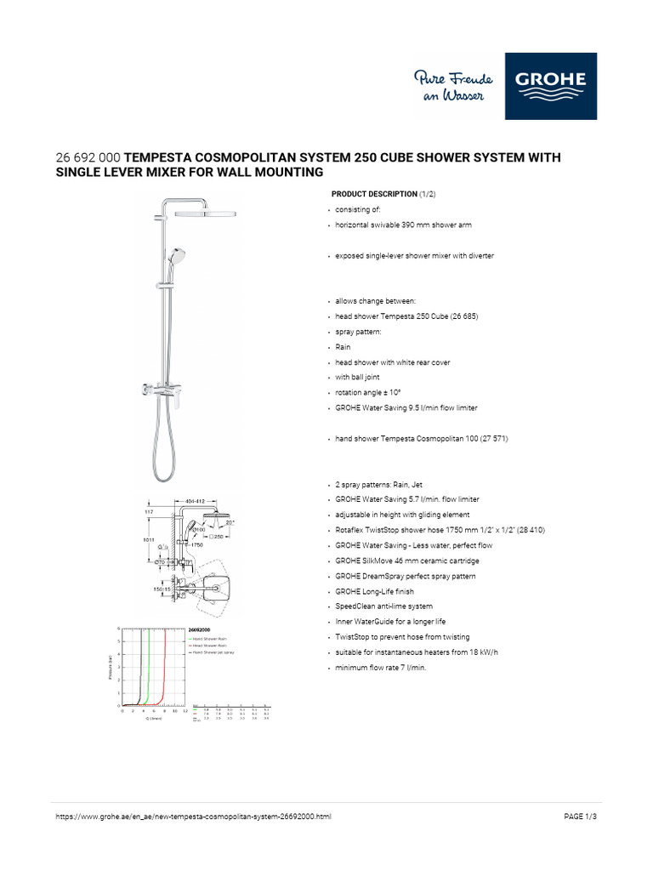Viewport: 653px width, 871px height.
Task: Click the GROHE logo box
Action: click(x=550, y=86)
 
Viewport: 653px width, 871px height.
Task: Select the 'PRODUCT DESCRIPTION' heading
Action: click(x=374, y=194)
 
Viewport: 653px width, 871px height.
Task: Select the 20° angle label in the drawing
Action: click(x=230, y=521)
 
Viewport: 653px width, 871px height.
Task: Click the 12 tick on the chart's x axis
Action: click(x=185, y=710)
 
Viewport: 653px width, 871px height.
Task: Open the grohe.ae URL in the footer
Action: click(x=193, y=817)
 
